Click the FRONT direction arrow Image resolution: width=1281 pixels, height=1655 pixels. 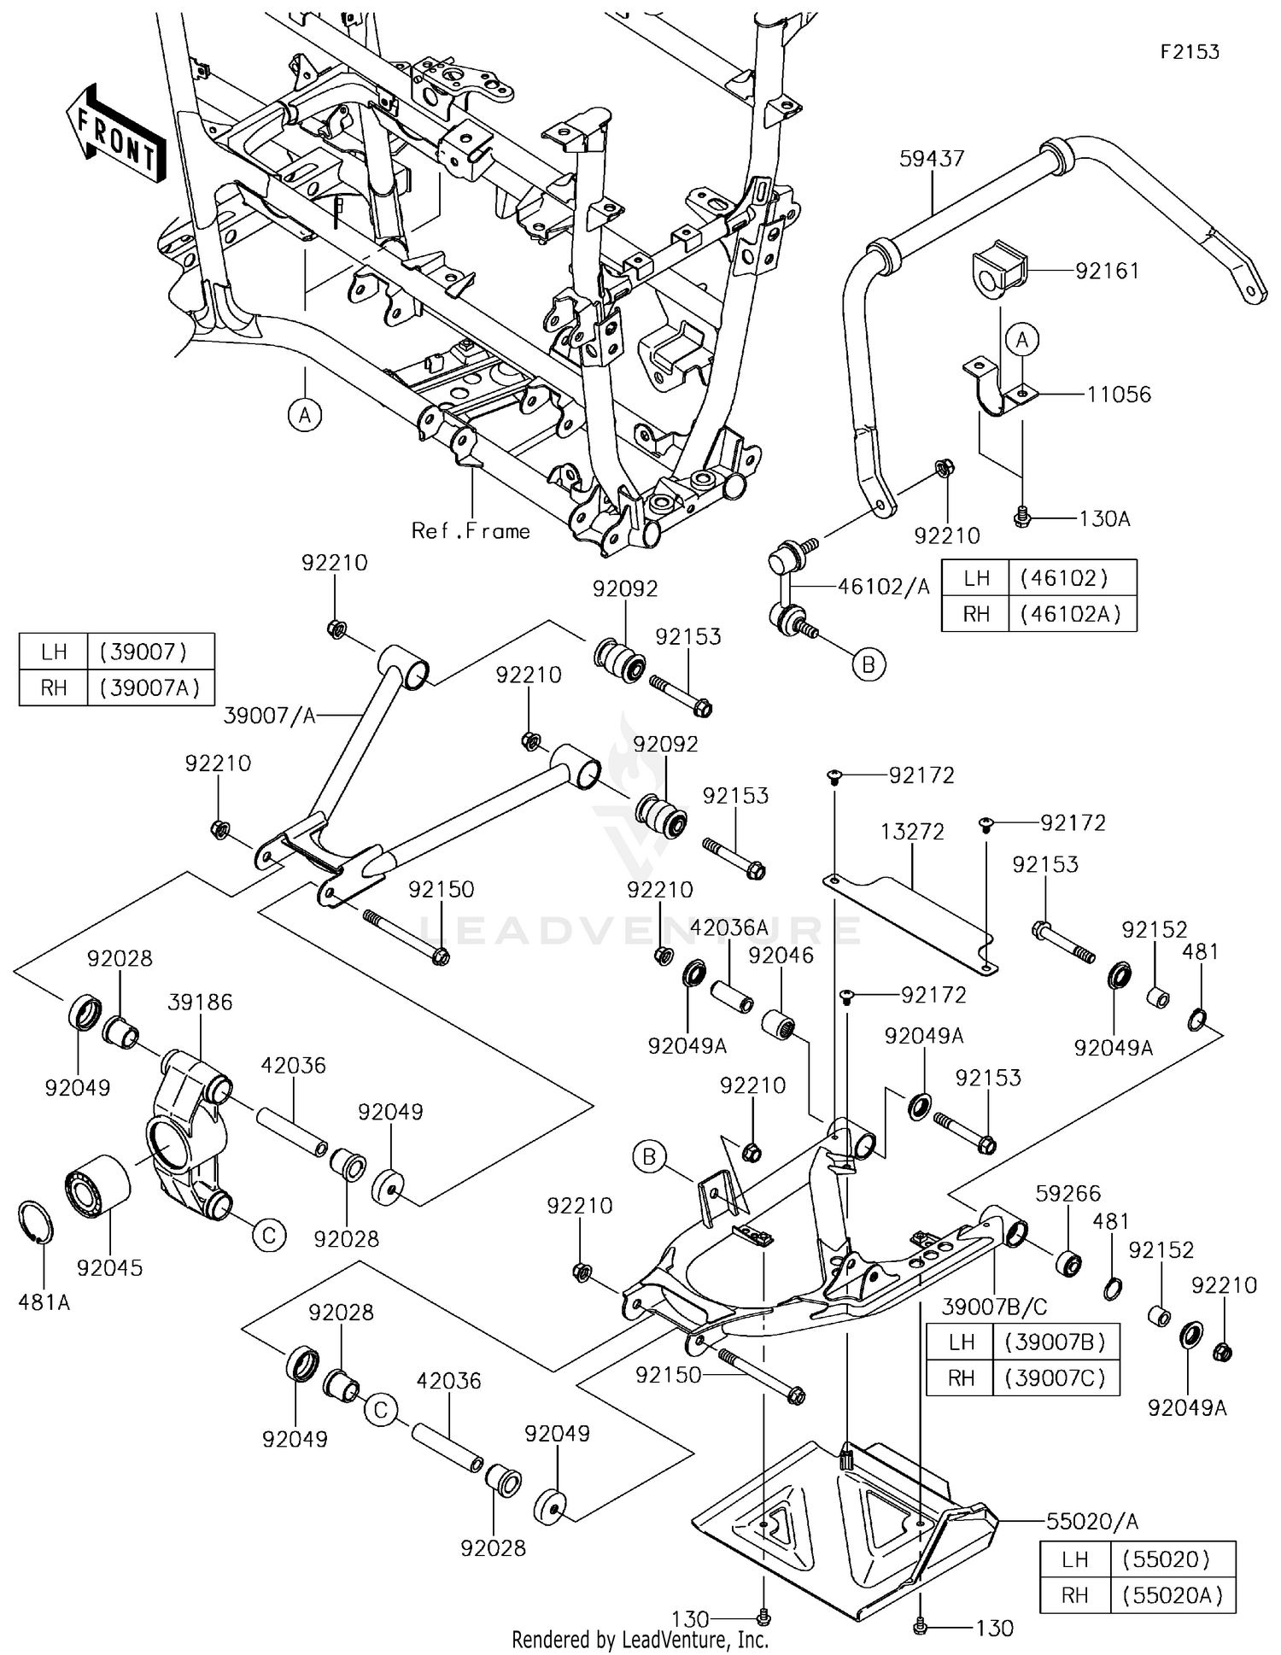point(115,133)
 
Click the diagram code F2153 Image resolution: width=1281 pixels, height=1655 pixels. point(1189,52)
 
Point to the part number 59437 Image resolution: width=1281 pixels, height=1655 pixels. point(931,159)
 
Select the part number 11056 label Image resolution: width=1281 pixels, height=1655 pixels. point(1119,395)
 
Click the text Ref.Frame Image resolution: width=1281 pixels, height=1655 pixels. point(471,531)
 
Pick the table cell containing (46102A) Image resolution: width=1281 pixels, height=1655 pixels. point(1071,615)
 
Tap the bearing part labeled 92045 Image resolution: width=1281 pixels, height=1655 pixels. point(98,1188)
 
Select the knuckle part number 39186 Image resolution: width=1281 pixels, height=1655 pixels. point(200,1002)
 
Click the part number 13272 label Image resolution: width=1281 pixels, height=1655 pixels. point(913,832)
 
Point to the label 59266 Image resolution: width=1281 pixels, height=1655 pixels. point(1067,1193)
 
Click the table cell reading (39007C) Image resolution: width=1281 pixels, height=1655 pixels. point(1056,1378)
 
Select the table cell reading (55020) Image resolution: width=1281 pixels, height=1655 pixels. point(1172,1560)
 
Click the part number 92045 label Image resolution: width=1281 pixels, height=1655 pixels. point(109,1268)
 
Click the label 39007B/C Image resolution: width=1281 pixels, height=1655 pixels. point(994,1307)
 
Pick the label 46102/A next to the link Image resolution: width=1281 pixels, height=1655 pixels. point(883,587)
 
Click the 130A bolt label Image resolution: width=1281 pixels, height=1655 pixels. point(1104,518)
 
